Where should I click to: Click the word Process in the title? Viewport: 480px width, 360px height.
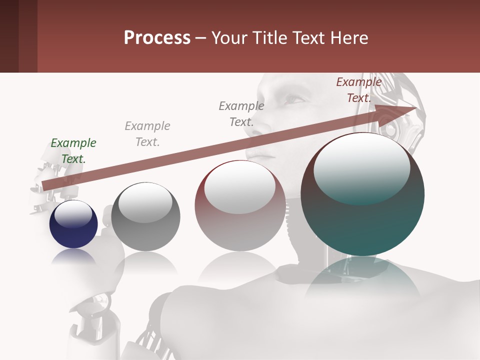(x=157, y=37)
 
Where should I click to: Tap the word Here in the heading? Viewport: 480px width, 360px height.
(x=348, y=37)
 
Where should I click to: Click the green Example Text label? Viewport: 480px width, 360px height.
(x=73, y=151)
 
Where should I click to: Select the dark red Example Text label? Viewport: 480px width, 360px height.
(x=358, y=90)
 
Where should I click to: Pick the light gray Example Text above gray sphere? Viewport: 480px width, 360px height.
(x=147, y=134)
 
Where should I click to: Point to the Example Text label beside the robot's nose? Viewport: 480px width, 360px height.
(x=241, y=113)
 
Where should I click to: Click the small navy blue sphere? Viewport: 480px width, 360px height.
(x=73, y=232)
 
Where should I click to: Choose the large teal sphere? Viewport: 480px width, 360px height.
(x=362, y=220)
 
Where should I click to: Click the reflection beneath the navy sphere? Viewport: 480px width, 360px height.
(x=73, y=257)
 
